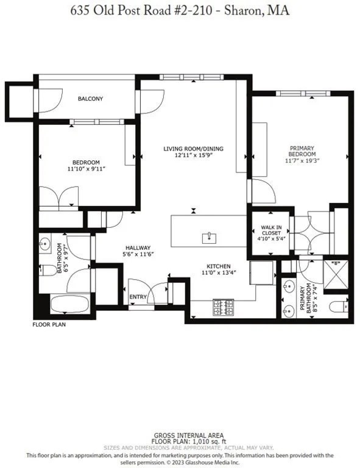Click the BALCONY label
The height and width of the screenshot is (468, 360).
coord(90,99)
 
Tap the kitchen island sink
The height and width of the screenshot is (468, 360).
coord(209,235)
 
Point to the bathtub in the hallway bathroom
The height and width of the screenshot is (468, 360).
coord(69,305)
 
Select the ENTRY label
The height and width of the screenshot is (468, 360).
coord(138,297)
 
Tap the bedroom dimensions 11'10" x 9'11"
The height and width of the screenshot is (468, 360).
coord(86,169)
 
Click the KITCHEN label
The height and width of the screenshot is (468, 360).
coord(217,266)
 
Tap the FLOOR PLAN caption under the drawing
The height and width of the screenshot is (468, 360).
coord(49,325)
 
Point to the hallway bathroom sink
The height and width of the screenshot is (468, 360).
coord(45,244)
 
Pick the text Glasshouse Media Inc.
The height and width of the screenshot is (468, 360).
coord(243,462)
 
